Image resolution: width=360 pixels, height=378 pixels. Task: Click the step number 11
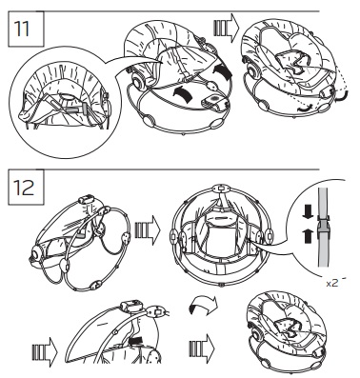[22, 29]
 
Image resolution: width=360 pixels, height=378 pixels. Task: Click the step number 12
[24, 188]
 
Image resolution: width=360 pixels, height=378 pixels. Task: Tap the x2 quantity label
[332, 283]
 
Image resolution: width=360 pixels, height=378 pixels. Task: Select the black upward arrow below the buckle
[308, 236]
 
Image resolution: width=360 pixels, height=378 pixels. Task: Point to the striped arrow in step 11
[226, 28]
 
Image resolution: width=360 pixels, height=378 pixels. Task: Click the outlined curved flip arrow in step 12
[203, 307]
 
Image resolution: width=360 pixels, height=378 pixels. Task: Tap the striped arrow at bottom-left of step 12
[45, 351]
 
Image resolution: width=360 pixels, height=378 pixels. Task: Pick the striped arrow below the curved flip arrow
[202, 348]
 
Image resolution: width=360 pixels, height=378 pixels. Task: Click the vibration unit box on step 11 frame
[215, 102]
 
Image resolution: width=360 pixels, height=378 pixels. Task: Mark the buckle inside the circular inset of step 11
[80, 109]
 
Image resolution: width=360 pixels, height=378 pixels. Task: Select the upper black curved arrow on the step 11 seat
[222, 71]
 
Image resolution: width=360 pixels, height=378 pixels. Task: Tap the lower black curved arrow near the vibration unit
[184, 93]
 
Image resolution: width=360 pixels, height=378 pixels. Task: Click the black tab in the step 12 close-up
[136, 342]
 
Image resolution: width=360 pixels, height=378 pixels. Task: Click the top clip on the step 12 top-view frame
[221, 189]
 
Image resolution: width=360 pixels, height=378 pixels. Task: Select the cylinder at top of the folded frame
[86, 201]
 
